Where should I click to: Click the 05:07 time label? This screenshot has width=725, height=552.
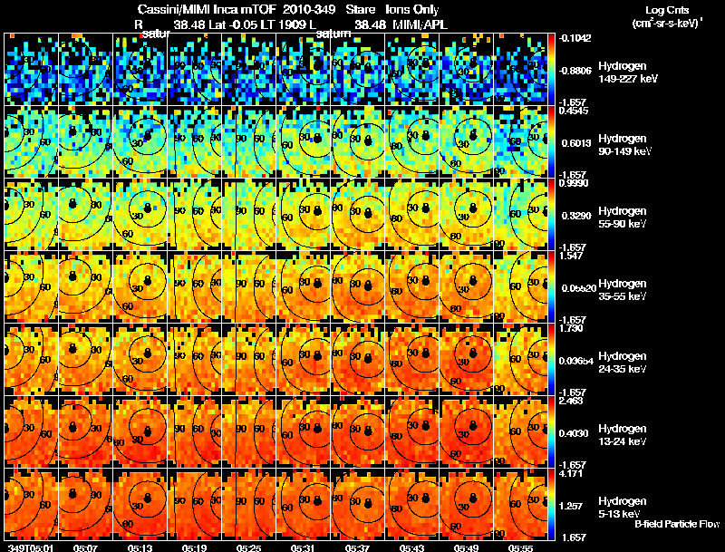click(x=85, y=547)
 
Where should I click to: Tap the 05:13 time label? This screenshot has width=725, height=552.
click(x=140, y=547)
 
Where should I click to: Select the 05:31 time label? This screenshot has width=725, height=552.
click(x=304, y=547)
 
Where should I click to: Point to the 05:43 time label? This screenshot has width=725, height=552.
click(x=413, y=547)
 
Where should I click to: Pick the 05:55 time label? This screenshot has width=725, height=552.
click(x=521, y=547)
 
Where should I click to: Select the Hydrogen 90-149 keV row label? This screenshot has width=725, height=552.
click(x=624, y=145)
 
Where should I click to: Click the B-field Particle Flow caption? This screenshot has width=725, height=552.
click(x=677, y=524)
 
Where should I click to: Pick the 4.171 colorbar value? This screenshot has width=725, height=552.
click(x=572, y=473)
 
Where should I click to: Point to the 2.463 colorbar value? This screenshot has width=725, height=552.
click(x=572, y=401)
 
